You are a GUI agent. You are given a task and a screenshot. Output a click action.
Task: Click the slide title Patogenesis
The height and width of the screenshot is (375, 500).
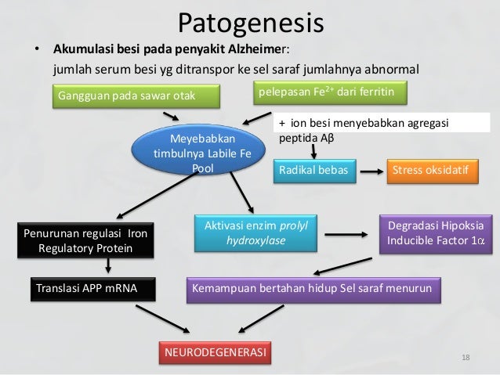pyautogui.click(x=250, y=23)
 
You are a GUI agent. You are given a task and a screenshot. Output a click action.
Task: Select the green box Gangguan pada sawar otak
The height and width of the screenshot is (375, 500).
pyautogui.click(x=125, y=96)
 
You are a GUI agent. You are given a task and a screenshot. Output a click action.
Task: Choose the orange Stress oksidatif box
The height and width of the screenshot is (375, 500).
pyautogui.click(x=433, y=170)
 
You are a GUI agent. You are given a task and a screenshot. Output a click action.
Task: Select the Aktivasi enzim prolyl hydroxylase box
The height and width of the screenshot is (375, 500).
pyautogui.click(x=255, y=233)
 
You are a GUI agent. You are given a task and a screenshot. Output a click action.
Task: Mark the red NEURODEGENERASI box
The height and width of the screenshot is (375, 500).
pyautogui.click(x=213, y=353)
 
